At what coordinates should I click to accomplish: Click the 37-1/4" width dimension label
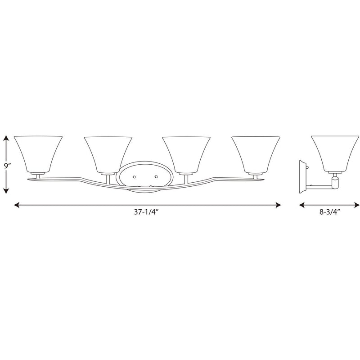point(146,212)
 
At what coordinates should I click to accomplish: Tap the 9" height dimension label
point(8,165)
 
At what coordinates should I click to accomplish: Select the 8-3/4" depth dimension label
point(329,212)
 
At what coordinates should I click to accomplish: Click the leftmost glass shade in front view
point(38,154)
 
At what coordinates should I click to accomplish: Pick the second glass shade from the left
point(108,155)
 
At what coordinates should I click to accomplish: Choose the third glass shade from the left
point(186,155)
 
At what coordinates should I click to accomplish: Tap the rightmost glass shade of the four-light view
point(256,154)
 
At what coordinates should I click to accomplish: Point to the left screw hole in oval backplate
point(134,177)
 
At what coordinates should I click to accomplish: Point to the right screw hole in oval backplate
point(156,176)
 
